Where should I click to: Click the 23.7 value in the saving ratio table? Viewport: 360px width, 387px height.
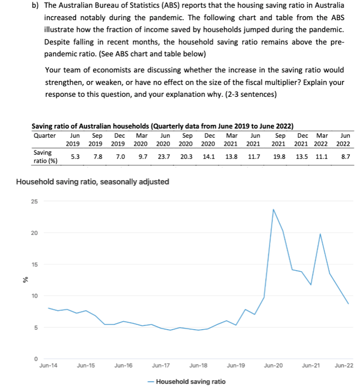164,157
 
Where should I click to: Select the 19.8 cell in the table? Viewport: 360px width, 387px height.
279,157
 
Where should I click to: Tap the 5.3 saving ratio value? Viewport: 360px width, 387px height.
75,157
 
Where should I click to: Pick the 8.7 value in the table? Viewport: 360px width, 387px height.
345,157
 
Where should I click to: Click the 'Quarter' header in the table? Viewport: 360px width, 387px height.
45,135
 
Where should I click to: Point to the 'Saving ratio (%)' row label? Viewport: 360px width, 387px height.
45,156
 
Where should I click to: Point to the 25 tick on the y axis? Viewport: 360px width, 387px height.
35,201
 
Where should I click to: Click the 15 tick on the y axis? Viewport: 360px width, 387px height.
35,264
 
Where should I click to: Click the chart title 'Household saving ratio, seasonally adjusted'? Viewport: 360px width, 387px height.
93,182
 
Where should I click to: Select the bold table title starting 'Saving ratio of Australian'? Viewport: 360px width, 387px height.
162,126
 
